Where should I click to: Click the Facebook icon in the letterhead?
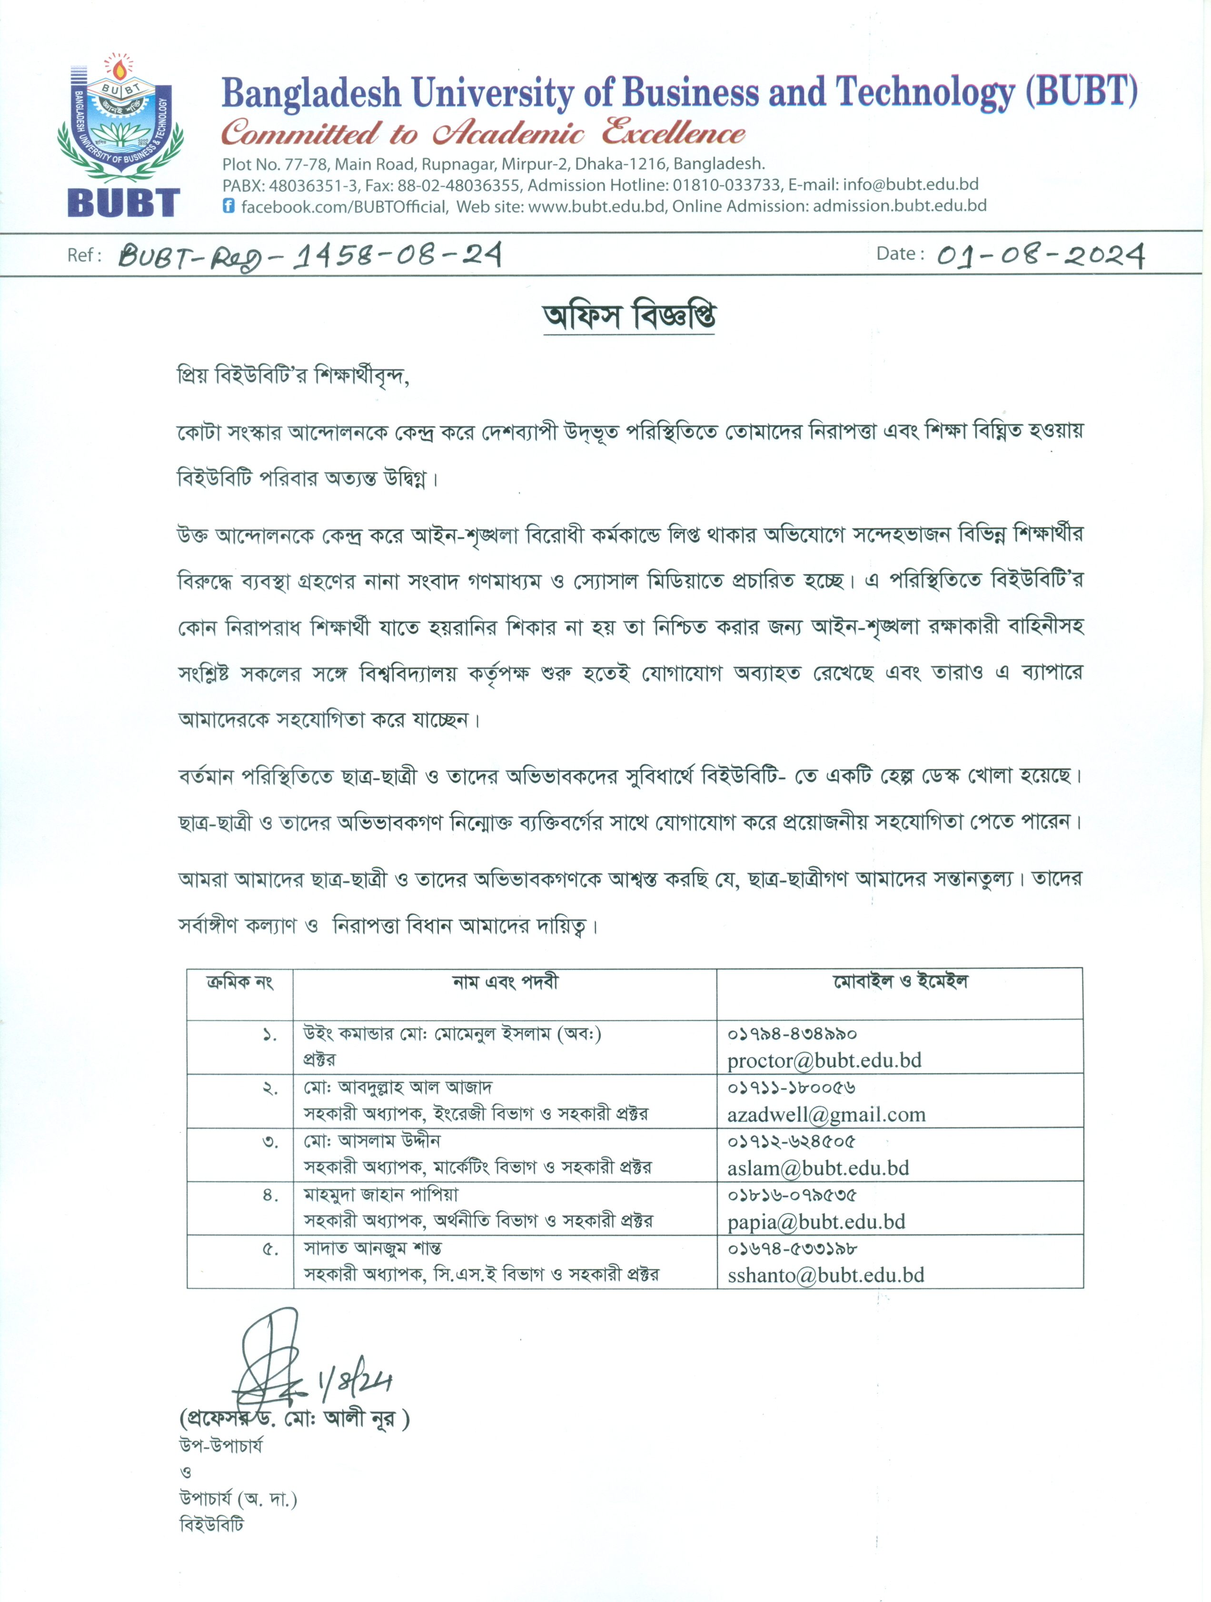click(229, 206)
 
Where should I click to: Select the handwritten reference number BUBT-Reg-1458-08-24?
click(310, 256)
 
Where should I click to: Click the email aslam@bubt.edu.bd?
click(818, 1168)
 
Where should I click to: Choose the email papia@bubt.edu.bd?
click(816, 1222)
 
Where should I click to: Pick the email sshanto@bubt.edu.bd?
click(826, 1275)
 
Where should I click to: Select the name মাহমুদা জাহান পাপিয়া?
click(381, 1194)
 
